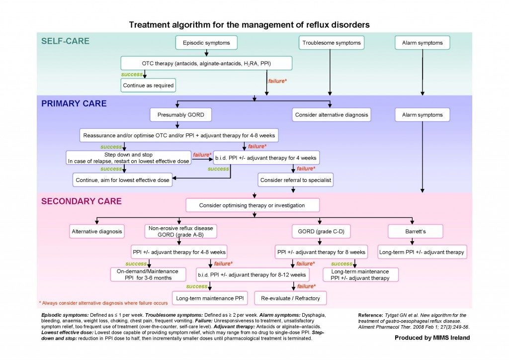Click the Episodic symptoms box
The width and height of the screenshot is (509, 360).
206,43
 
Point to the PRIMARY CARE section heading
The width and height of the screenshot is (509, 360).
74,104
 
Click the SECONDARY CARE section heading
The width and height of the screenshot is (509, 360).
81,201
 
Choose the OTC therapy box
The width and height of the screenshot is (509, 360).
206,64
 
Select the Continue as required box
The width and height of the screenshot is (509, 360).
148,85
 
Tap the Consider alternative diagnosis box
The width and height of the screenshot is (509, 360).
332,115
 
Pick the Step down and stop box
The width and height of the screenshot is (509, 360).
128,158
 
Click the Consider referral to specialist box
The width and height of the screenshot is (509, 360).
295,180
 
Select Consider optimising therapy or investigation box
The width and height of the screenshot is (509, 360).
252,205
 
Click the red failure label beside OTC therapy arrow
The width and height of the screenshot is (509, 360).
277,80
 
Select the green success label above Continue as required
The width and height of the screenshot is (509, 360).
131,75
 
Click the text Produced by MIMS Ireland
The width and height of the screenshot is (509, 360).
432,338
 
